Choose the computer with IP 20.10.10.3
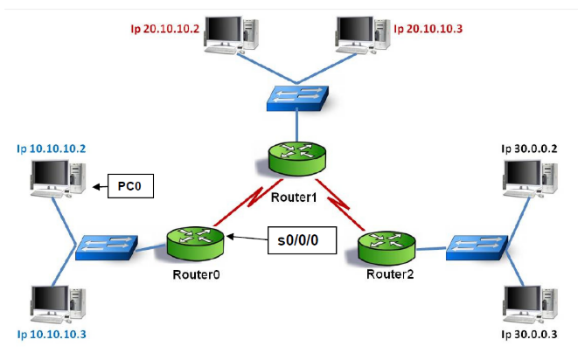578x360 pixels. coord(361,33)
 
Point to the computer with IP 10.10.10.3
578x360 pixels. coord(55,301)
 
